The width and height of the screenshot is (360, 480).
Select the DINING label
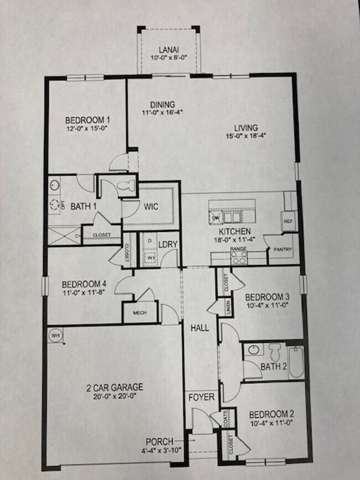(x=162, y=104)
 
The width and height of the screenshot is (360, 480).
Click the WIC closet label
(x=152, y=207)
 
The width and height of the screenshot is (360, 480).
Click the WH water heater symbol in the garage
(x=56, y=334)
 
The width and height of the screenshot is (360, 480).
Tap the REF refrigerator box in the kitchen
(x=287, y=220)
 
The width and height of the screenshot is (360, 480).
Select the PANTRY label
(x=277, y=250)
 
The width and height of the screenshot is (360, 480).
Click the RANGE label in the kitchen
(x=238, y=249)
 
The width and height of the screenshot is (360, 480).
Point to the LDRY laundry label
(x=167, y=244)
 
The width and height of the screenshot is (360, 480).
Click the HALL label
(x=200, y=328)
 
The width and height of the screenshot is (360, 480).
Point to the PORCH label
(x=159, y=442)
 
